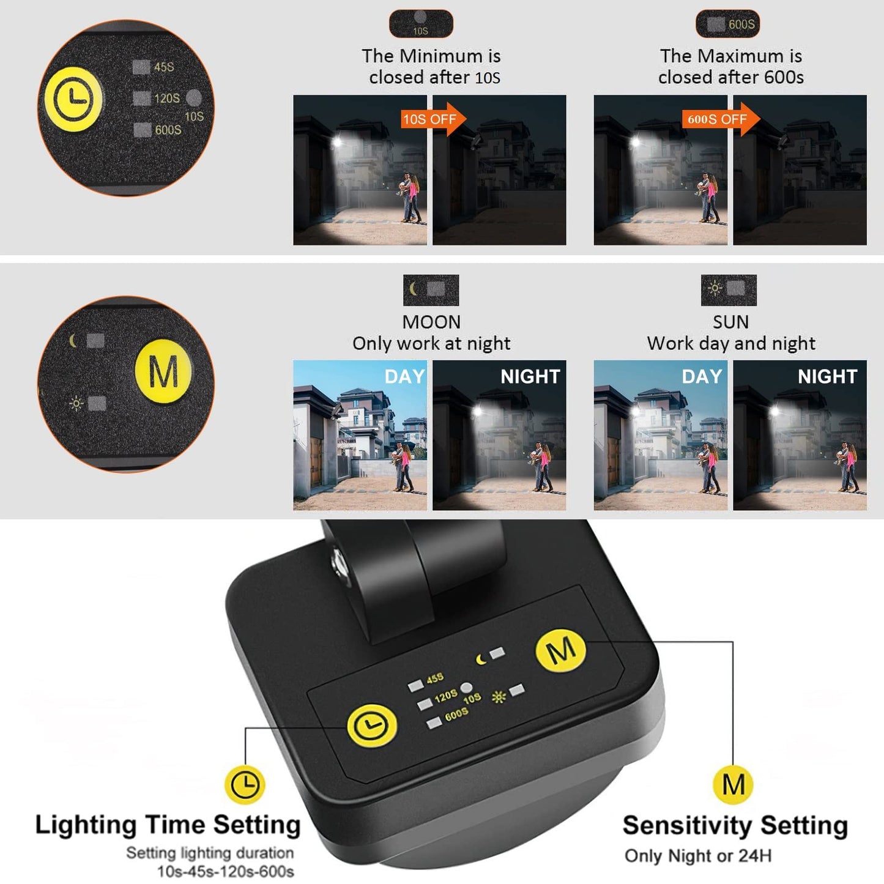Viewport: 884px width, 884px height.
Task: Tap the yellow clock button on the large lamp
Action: (x=372, y=726)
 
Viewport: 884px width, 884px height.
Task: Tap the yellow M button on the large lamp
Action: (x=561, y=650)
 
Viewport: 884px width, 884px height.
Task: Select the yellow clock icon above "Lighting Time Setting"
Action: (x=245, y=784)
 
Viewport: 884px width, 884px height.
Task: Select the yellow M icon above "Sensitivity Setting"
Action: (x=733, y=784)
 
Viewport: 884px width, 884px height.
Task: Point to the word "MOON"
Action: (x=431, y=322)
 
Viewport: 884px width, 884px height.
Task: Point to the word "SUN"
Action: (x=730, y=322)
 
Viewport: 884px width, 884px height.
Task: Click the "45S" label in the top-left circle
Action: (x=163, y=67)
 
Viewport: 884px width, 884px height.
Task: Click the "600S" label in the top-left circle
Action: (x=168, y=130)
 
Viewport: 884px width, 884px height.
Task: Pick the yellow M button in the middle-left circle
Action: (x=163, y=371)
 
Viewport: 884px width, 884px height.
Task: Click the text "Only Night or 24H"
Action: (x=697, y=856)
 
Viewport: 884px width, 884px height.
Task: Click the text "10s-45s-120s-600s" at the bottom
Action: (x=226, y=871)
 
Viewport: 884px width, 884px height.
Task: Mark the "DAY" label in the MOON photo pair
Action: (x=404, y=376)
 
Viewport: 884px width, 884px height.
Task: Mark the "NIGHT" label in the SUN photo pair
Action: (x=827, y=376)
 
